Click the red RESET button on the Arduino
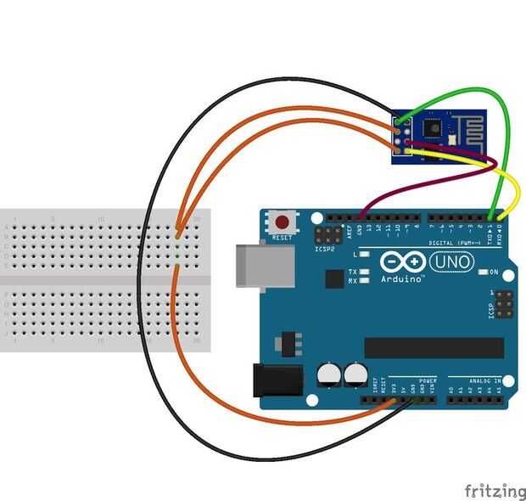(282, 223)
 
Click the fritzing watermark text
(494, 490)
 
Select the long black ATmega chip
(434, 347)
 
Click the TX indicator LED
(364, 273)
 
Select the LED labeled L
(364, 255)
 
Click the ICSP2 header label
(325, 250)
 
